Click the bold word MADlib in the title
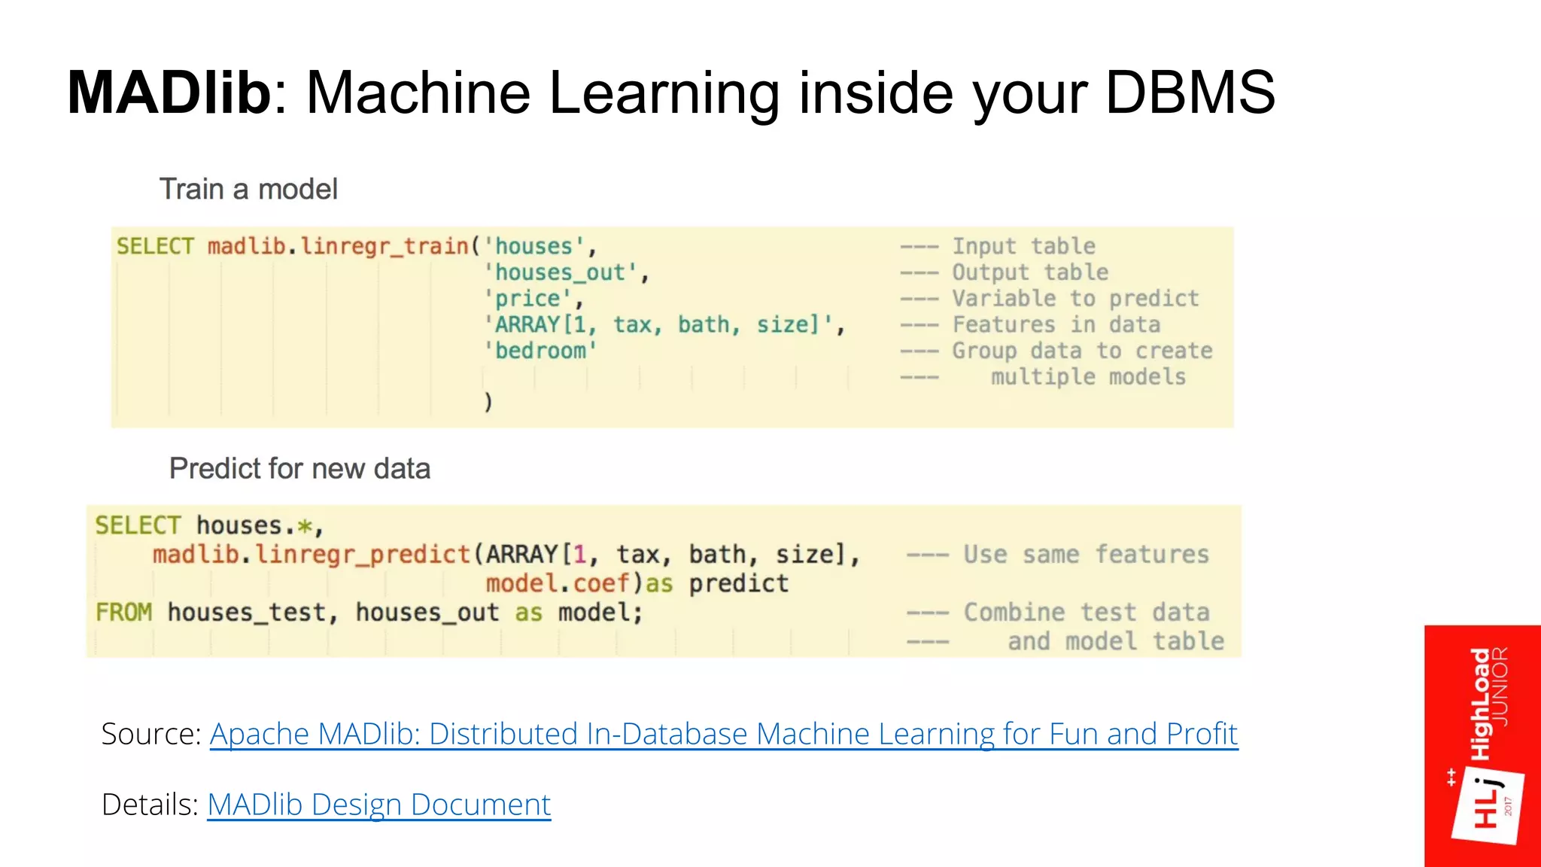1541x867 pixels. click(169, 93)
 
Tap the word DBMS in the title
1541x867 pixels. click(1190, 93)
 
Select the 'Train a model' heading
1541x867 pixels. click(248, 189)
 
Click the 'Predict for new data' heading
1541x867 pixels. click(299, 468)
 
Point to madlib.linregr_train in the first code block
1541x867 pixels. click(338, 246)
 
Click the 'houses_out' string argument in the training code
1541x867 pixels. click(561, 272)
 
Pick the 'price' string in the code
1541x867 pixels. click(528, 299)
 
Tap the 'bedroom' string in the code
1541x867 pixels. click(540, 351)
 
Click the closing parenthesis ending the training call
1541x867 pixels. click(488, 401)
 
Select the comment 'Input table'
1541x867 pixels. click(1023, 246)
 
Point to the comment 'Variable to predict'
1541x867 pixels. click(1075, 299)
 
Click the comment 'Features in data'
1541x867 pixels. click(1056, 324)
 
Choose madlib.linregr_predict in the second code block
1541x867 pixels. click(312, 555)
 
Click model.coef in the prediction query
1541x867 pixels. click(557, 583)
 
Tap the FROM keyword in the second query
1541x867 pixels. click(123, 613)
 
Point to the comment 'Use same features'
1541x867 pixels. click(1086, 555)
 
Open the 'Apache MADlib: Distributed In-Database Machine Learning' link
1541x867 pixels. click(723, 734)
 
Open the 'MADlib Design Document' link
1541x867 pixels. click(378, 805)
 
